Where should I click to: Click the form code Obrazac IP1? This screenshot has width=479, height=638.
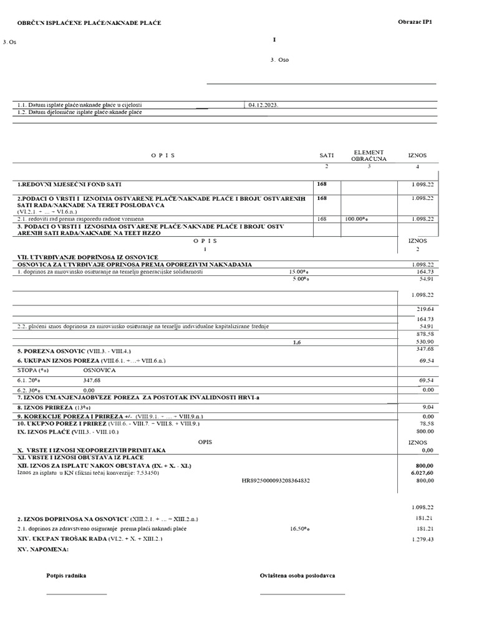coord(415,22)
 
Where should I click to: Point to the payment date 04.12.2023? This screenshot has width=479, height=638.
coord(263,105)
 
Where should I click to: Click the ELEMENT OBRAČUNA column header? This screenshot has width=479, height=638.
coord(369,155)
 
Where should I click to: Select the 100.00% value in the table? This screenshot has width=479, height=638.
coord(357,219)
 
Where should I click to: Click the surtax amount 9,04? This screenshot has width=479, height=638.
coord(427,407)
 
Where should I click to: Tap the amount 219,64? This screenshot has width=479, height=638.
coord(424,309)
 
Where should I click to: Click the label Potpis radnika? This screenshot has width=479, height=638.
coord(66,576)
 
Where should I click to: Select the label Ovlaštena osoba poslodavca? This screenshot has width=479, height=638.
coord(298,576)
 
